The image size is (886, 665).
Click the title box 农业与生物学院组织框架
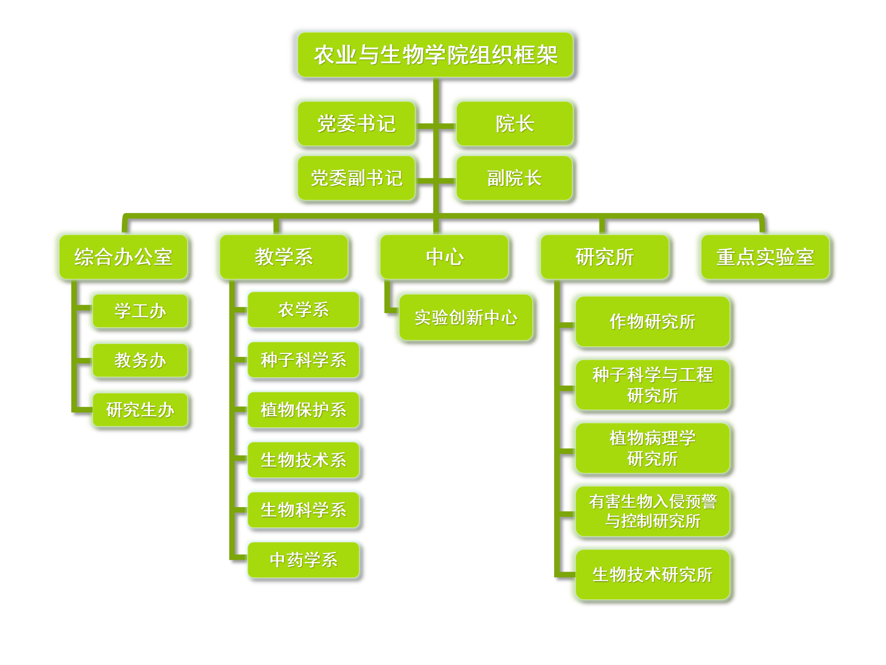click(435, 54)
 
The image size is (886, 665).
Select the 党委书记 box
click(356, 124)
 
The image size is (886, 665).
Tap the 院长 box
click(515, 124)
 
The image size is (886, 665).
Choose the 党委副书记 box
click(356, 178)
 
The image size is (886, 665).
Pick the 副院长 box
click(514, 178)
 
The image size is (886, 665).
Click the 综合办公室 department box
click(123, 257)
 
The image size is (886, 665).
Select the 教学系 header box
click(284, 257)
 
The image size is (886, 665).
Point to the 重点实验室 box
click(765, 257)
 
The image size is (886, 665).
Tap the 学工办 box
click(140, 311)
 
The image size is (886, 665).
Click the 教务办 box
click(140, 360)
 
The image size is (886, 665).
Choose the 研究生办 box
click(140, 410)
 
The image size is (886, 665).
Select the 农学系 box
click(303, 309)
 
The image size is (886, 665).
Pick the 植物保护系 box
click(303, 410)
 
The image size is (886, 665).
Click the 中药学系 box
click(303, 560)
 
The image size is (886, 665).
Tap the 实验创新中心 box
click(466, 318)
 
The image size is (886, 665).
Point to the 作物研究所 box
click(653, 322)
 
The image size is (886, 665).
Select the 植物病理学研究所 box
click(653, 448)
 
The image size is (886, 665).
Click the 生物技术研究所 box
click(653, 574)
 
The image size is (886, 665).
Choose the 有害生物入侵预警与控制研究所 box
click(653, 511)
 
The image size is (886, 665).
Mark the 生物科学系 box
click(303, 510)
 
